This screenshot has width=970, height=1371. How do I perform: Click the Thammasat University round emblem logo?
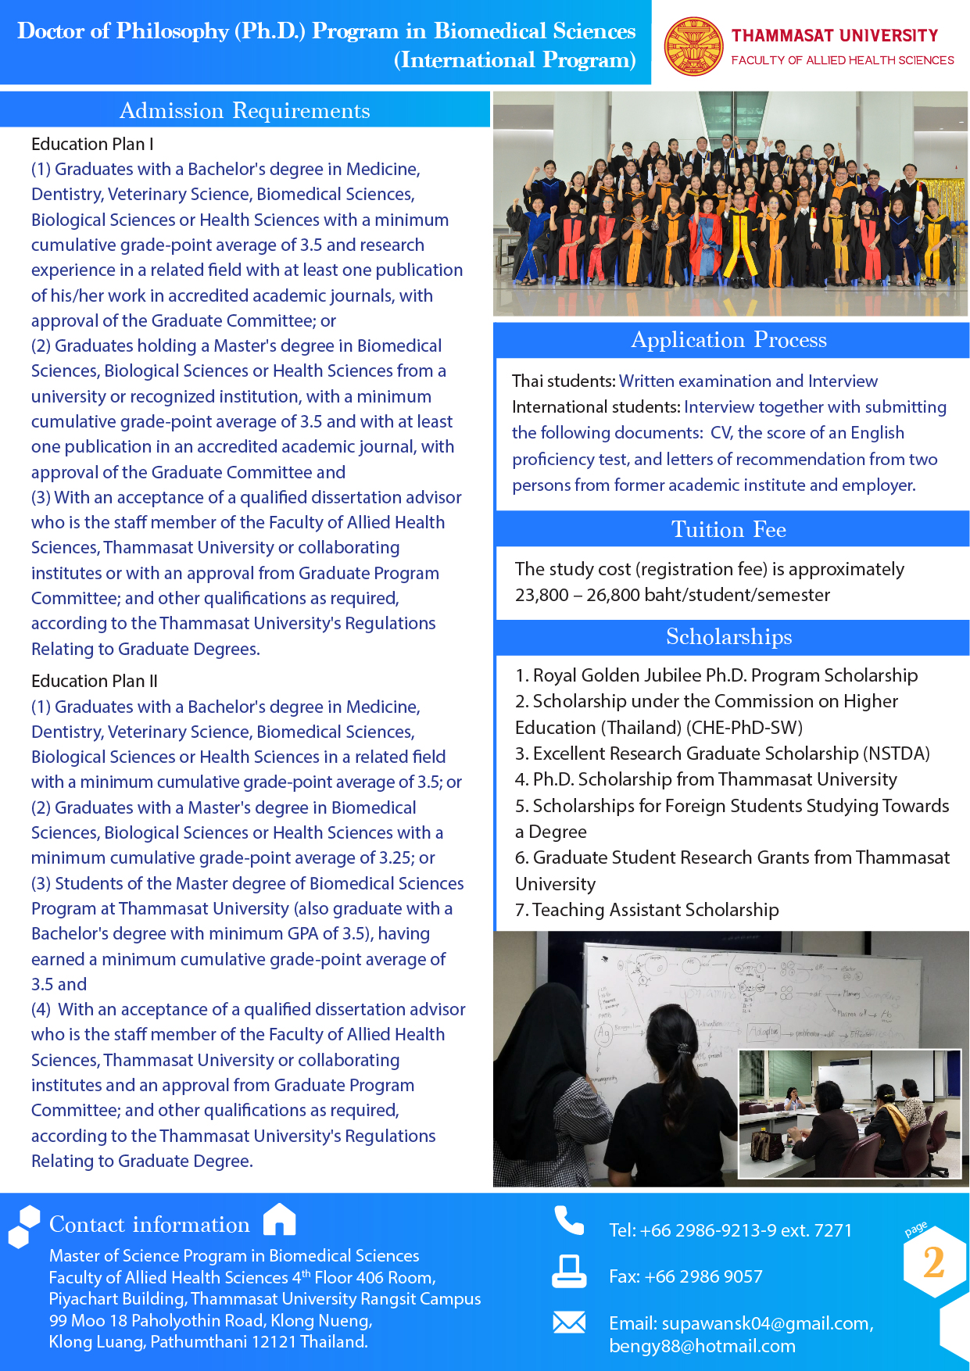[x=693, y=46]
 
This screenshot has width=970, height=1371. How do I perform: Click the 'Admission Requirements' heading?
[x=245, y=110]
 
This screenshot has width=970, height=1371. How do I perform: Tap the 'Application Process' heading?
[x=728, y=340]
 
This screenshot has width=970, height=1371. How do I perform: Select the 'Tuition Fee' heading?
[x=728, y=529]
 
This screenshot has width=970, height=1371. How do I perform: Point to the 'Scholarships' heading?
[x=728, y=637]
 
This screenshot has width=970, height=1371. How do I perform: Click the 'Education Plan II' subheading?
[x=95, y=681]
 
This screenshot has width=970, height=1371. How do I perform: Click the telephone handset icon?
[x=569, y=1220]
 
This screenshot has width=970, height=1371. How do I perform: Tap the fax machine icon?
[x=568, y=1271]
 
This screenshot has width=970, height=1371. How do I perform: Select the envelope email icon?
[x=569, y=1322]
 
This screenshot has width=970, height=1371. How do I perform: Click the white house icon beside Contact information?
[x=279, y=1219]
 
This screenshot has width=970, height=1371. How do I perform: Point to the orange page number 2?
[x=933, y=1262]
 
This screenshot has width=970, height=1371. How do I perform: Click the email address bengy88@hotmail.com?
[x=702, y=1346]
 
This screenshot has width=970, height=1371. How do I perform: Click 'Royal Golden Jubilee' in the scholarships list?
[x=616, y=675]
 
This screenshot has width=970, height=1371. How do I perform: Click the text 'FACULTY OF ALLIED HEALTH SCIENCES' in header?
[x=843, y=60]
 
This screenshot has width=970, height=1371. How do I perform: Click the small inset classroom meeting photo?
[x=850, y=1113]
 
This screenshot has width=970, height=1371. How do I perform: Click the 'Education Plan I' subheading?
[x=92, y=144]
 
